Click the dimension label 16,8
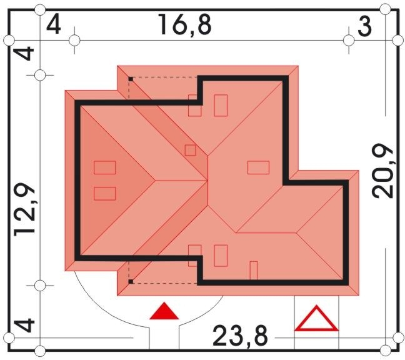(184, 25)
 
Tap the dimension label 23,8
(240, 335)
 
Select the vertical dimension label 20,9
(382, 171)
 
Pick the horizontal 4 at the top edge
(54, 25)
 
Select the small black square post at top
(131, 79)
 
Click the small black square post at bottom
(131, 281)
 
